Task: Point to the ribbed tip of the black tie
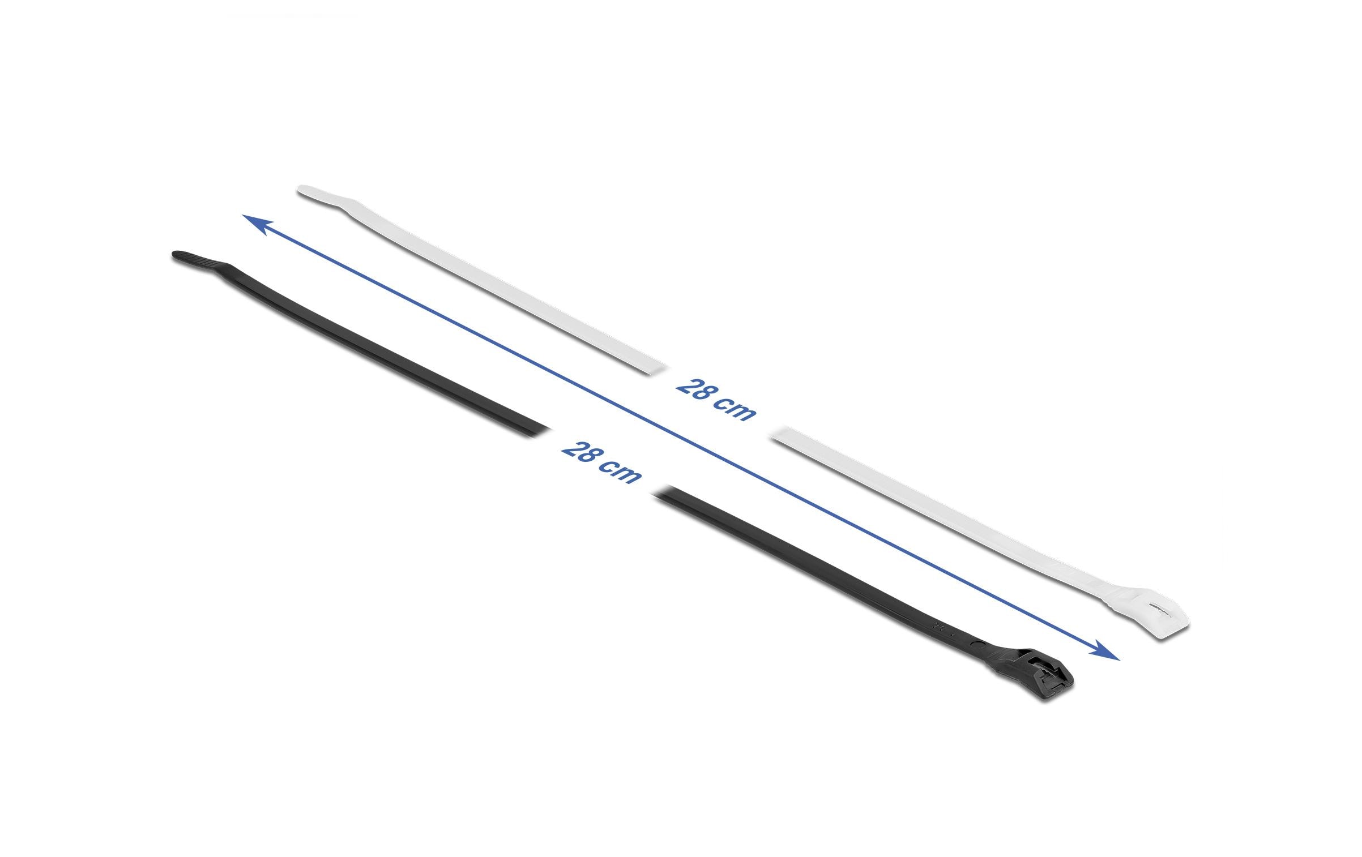[x=193, y=258]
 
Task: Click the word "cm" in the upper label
[x=735, y=409]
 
